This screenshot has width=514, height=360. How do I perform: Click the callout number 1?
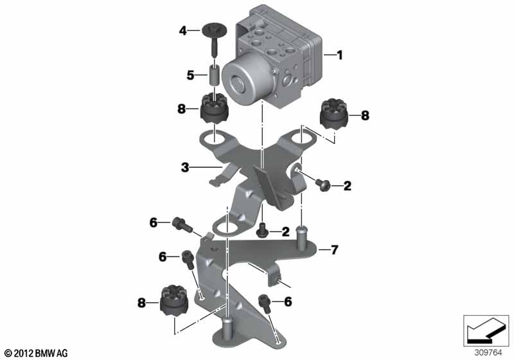click(x=340, y=55)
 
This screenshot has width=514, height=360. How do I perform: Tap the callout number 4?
click(x=182, y=31)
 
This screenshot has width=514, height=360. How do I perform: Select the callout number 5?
click(x=190, y=75)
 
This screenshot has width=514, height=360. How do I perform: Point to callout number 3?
click(x=185, y=168)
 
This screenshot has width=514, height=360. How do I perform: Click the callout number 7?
click(x=334, y=250)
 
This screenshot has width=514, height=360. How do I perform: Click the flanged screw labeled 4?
click(x=211, y=39)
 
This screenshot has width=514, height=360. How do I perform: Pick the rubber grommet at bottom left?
click(x=174, y=301)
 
